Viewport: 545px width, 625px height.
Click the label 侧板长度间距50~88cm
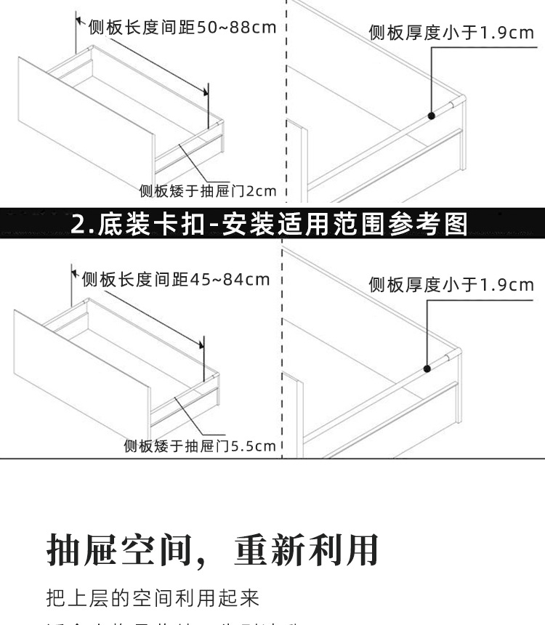click(x=182, y=28)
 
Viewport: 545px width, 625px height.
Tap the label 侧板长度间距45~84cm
click(x=175, y=279)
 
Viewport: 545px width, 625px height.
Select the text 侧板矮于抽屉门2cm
click(x=208, y=191)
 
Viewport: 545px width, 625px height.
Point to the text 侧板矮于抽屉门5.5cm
click(x=200, y=445)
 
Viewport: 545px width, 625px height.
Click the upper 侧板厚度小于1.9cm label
click(x=451, y=33)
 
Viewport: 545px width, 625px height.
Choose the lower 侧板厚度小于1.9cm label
click(x=451, y=284)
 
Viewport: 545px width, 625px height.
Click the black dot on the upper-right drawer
click(x=432, y=115)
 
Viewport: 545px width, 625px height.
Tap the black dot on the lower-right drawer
click(x=428, y=368)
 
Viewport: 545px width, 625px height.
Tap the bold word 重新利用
click(x=306, y=549)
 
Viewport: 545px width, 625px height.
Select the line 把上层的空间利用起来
click(x=153, y=598)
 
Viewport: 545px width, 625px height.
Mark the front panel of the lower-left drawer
click(x=80, y=371)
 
